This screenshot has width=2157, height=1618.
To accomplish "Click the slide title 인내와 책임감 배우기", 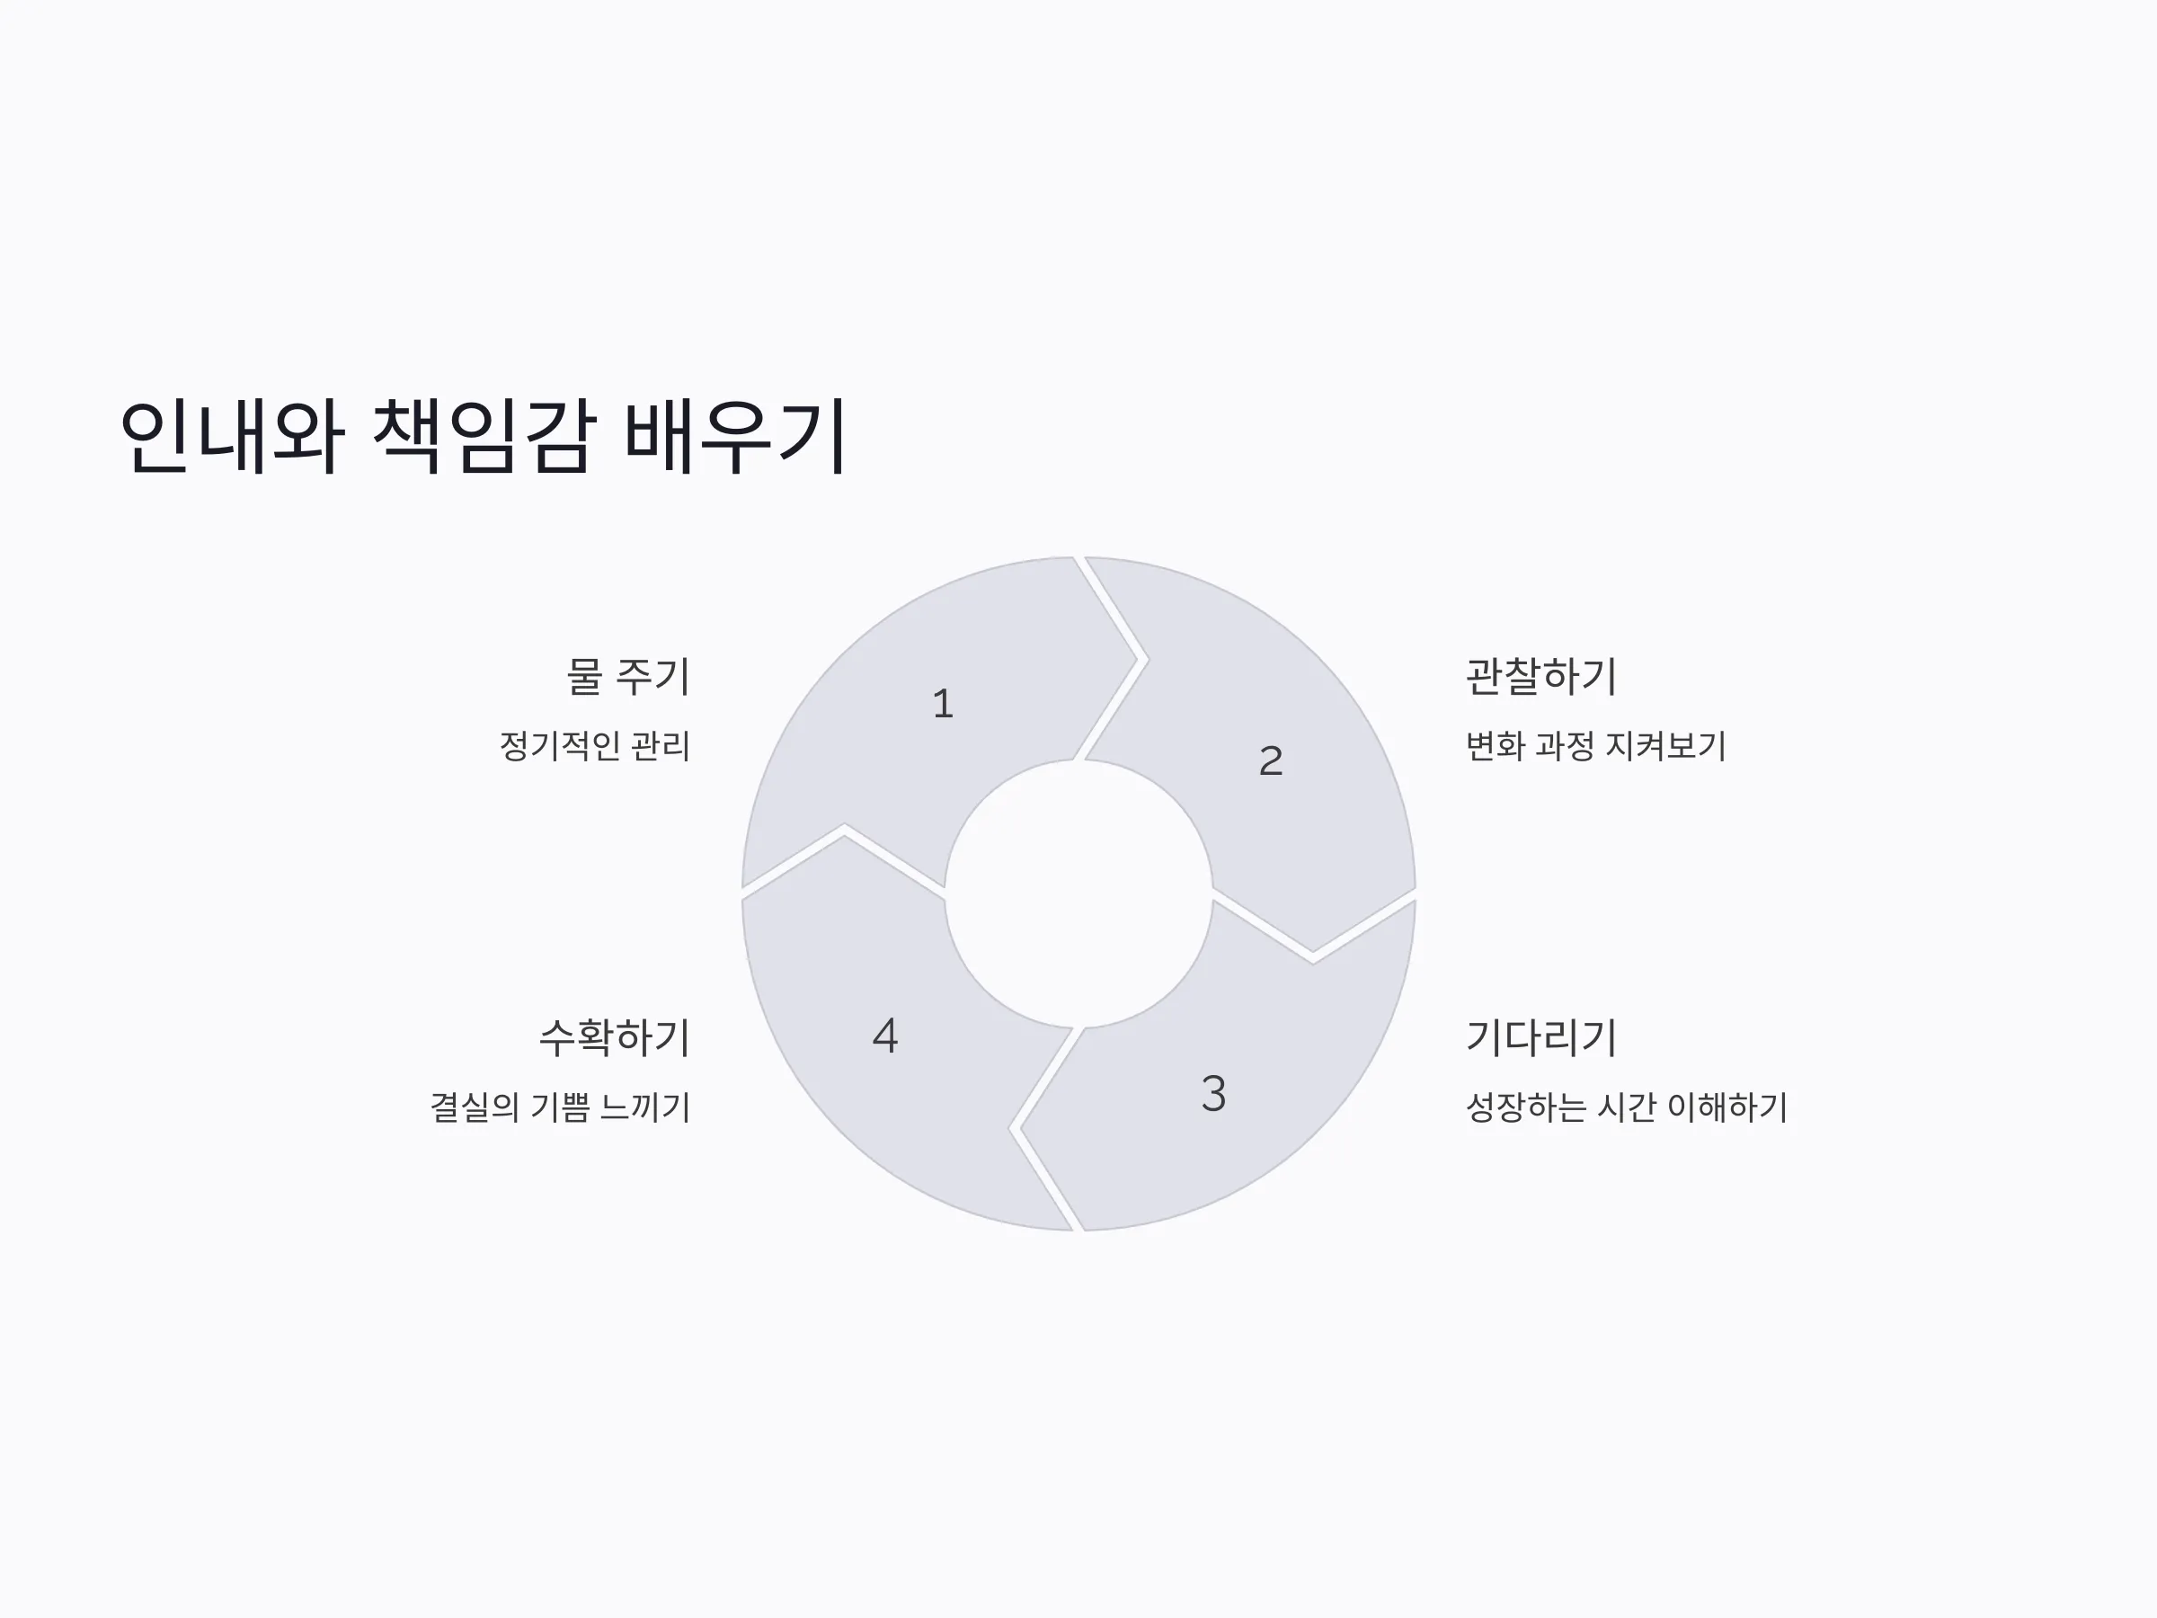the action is click(483, 436).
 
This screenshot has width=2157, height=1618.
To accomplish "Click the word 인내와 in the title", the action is click(232, 436).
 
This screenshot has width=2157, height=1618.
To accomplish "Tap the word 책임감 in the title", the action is click(483, 436).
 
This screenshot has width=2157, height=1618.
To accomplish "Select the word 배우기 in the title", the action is click(734, 436).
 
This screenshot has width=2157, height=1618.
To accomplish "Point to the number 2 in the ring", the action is click(1271, 760).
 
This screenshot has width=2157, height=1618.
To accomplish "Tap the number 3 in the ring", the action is click(1213, 1093).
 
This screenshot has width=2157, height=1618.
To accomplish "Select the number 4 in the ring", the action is click(884, 1035).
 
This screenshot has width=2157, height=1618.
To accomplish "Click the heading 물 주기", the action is click(628, 677).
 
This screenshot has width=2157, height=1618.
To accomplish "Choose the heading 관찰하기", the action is click(1541, 677).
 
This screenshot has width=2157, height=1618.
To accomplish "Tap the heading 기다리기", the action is click(1541, 1037).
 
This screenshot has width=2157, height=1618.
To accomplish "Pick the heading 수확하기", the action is click(615, 1037).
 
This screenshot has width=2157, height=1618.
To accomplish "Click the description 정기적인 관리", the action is click(595, 746).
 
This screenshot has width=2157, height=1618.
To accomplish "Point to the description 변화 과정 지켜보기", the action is click(1596, 746).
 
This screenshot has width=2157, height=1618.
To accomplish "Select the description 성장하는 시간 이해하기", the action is click(1627, 1107).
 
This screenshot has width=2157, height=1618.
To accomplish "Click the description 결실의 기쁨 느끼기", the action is click(561, 1107).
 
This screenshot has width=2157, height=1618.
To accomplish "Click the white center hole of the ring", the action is click(1078, 893).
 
